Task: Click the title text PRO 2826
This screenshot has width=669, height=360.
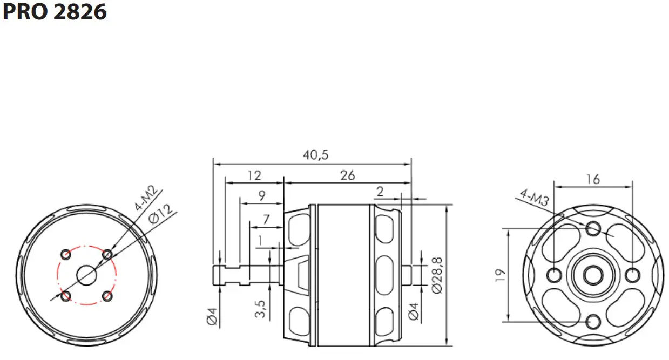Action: tap(55, 12)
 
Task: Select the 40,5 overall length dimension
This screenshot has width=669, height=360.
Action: tap(315, 155)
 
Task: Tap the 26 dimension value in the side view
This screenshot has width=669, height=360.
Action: tap(348, 176)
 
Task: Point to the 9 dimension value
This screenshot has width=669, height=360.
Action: tap(262, 196)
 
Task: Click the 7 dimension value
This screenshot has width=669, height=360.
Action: tap(266, 220)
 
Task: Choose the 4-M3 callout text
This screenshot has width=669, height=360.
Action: tap(535, 198)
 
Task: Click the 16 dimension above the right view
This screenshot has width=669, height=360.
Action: tap(593, 179)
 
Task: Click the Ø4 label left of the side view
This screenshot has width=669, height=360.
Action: tap(212, 315)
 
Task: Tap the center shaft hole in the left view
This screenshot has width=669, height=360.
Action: tap(86, 275)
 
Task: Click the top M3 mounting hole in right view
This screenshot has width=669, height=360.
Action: tap(593, 228)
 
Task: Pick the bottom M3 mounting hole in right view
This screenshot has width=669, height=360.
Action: tap(593, 322)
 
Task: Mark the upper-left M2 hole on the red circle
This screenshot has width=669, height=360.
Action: tap(66, 254)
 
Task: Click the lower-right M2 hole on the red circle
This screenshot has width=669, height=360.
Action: tap(107, 296)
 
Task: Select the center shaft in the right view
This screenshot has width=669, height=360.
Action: tap(593, 275)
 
